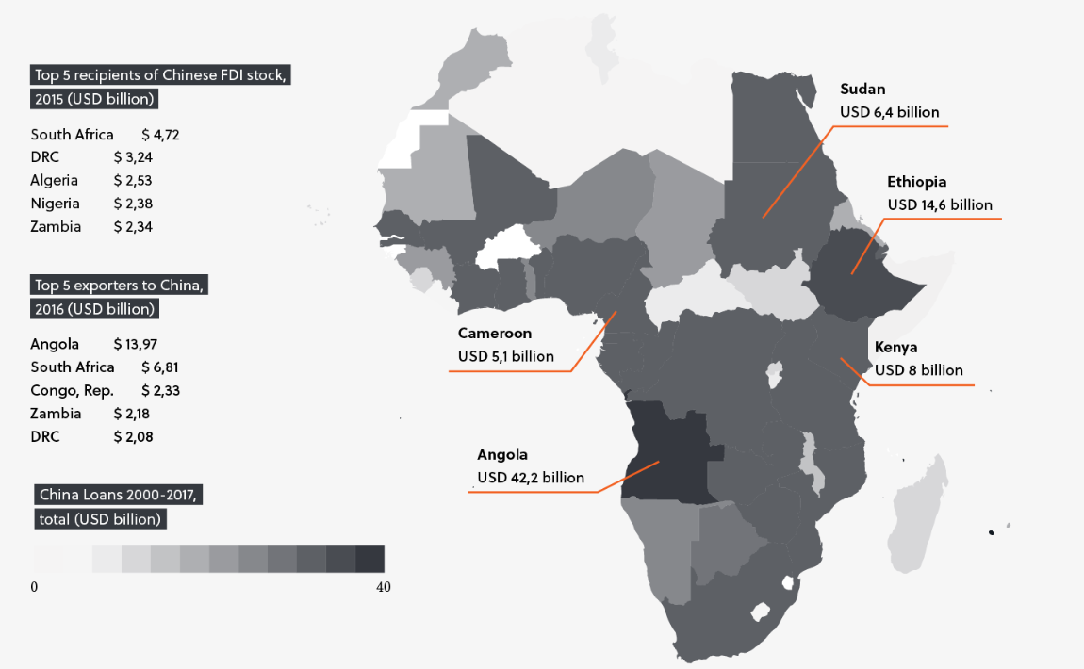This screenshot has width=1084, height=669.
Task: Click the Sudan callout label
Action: point(862,90)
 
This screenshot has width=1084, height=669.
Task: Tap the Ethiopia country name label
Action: point(916,182)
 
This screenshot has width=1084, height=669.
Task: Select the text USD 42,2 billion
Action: point(531,478)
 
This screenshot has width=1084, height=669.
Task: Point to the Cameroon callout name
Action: point(495,334)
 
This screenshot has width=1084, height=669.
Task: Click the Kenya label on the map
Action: point(895,347)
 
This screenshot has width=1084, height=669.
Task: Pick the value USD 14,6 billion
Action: point(940,204)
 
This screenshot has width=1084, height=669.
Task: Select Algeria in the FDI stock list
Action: point(55,180)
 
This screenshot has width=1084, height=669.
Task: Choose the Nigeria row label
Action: point(55,204)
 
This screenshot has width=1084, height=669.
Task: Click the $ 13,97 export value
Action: point(135,344)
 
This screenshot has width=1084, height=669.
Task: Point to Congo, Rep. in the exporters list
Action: point(72,390)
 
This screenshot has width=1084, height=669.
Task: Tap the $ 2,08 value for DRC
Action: point(133,436)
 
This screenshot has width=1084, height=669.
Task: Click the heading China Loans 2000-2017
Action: point(118,495)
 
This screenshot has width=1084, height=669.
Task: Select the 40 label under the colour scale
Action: point(383,587)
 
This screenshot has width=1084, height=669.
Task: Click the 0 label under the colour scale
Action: point(34,587)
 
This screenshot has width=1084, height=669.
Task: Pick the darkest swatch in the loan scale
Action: point(370,559)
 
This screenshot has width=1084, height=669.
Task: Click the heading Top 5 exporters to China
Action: point(118,286)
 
